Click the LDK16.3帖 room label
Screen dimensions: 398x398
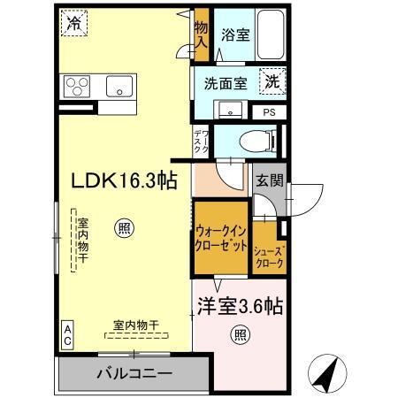(x=125, y=180)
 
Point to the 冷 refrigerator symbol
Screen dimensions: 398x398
(x=73, y=25)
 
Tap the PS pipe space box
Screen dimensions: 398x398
(x=269, y=112)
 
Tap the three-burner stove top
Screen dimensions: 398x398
(x=76, y=87)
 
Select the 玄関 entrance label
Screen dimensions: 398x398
(x=270, y=181)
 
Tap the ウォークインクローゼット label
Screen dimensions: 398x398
(x=221, y=238)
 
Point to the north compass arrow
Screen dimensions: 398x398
(x=326, y=373)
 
